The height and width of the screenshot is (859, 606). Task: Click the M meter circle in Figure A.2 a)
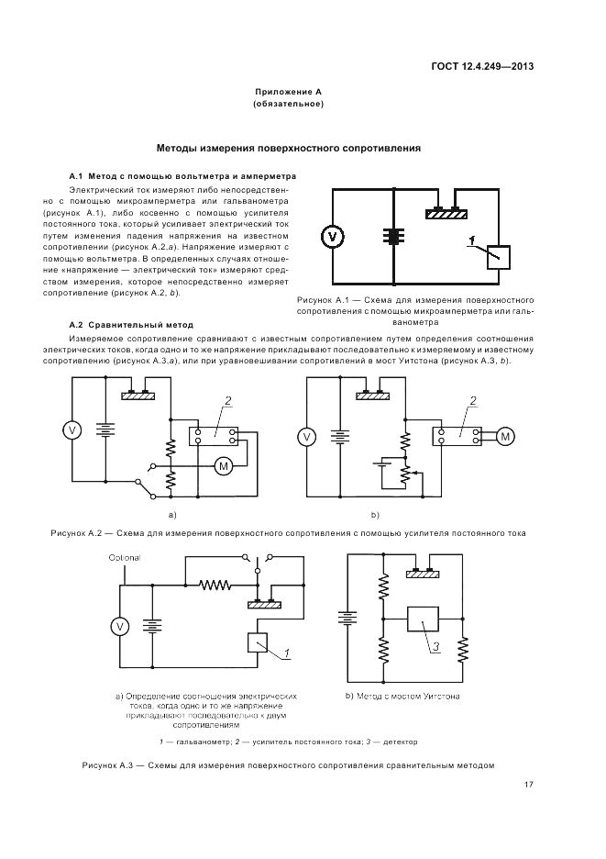click(224, 467)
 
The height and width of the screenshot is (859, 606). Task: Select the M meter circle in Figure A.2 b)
click(504, 436)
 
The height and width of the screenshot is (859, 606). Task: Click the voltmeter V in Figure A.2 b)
click(308, 437)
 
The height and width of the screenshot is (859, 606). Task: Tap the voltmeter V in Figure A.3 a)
click(118, 626)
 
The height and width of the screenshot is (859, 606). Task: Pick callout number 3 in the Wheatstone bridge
click(436, 646)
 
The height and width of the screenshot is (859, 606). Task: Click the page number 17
click(529, 784)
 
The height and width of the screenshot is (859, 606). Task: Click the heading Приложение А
click(289, 93)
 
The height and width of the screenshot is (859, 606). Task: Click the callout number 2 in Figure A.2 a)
click(228, 399)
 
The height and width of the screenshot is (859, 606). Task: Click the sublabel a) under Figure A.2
click(171, 515)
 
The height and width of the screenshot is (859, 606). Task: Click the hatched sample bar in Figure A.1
click(447, 214)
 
